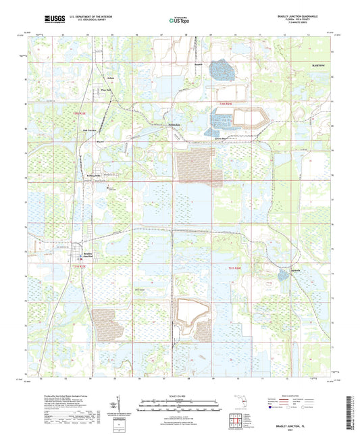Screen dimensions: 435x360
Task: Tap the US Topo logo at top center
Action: click(179, 21)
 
